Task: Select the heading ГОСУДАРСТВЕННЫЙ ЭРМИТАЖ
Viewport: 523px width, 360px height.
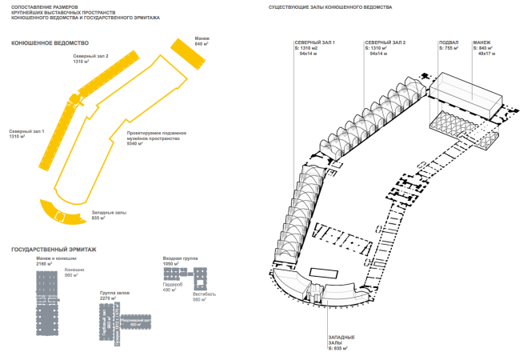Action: tap(54, 250)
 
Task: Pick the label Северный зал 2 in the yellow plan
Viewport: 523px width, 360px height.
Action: tap(91, 59)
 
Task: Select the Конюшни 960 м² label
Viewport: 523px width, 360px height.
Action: tap(74, 273)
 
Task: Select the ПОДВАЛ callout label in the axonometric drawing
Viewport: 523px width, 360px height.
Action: tap(449, 46)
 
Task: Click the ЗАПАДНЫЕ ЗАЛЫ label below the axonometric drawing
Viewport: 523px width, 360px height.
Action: tap(341, 342)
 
